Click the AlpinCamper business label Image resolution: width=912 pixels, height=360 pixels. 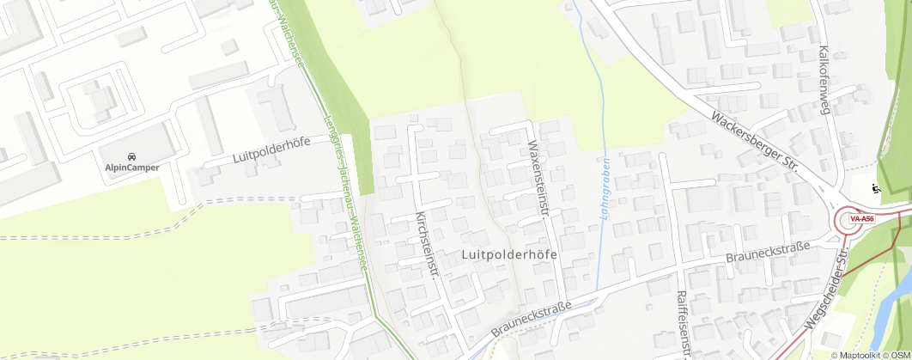point(132,168)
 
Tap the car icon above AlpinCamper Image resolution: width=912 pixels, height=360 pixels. point(131,156)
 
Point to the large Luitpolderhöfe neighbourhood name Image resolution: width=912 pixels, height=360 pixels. point(509,255)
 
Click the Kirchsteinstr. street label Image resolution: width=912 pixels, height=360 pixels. point(427,244)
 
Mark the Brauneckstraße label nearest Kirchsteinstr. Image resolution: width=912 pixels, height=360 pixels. point(532,317)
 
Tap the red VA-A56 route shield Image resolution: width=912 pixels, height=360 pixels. point(861,219)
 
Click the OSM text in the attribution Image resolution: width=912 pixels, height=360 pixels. point(899,355)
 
